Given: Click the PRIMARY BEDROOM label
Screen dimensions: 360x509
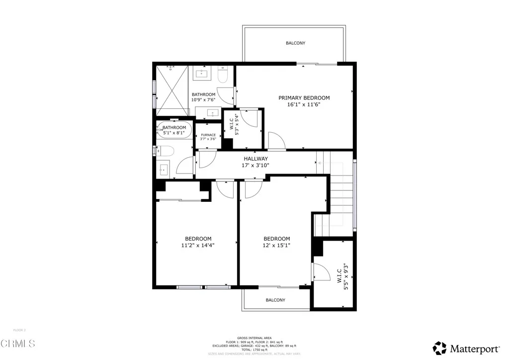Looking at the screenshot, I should [x=304, y=98].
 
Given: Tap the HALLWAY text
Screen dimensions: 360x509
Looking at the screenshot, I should [x=255, y=159].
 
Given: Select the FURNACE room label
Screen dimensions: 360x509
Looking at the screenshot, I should [x=208, y=135].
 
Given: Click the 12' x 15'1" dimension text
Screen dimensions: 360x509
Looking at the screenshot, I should [x=276, y=245].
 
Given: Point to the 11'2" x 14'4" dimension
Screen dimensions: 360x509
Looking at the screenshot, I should [x=198, y=245].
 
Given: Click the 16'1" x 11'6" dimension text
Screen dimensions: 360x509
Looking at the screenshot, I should [x=304, y=105].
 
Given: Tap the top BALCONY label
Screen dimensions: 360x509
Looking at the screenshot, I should [x=295, y=43].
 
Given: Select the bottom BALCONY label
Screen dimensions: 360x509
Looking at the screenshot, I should [x=275, y=300].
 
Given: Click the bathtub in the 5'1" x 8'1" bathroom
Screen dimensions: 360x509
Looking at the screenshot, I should [x=174, y=130].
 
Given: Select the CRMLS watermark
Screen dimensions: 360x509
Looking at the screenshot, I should [x=18, y=343].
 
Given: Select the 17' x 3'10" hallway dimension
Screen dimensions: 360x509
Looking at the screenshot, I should [x=255, y=166].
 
